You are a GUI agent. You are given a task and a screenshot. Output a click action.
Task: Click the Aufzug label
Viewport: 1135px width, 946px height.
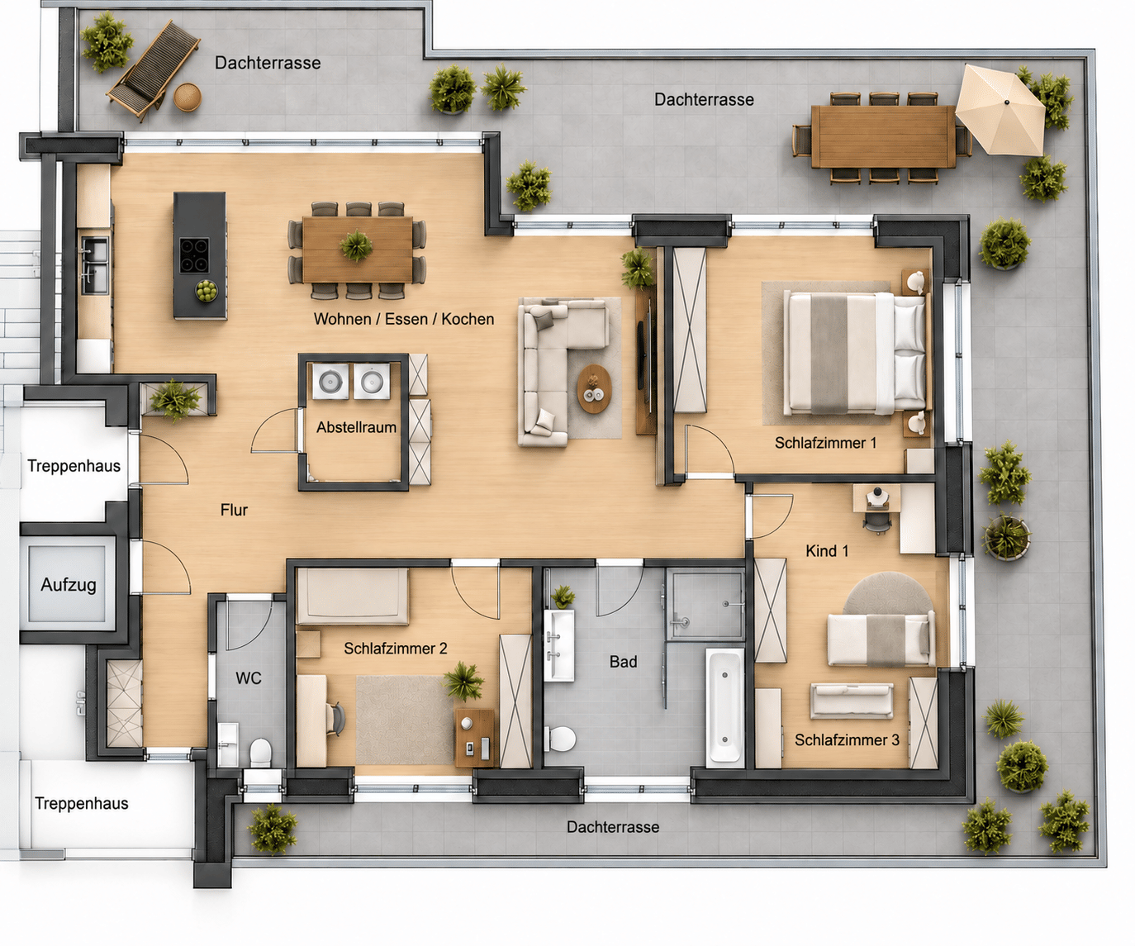coord(69,585)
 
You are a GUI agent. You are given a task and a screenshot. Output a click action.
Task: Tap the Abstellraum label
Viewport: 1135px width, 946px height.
coord(356,427)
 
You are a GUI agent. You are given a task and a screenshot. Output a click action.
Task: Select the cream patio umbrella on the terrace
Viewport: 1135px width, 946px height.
coord(1000,111)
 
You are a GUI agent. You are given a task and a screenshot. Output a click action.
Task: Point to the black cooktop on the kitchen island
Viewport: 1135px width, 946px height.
coord(194,255)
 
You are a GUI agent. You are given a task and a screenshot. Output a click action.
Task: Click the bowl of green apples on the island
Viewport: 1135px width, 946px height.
coord(206,290)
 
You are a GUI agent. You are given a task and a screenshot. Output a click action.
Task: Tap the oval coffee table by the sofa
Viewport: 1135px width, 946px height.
coord(594,389)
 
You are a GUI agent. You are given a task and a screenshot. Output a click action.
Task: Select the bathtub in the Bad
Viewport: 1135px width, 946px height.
coord(724,707)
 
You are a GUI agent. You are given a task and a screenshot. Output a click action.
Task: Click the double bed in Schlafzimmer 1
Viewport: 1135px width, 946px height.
coord(854,353)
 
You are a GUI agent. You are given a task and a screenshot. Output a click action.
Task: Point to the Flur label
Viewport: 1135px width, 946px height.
coord(235,510)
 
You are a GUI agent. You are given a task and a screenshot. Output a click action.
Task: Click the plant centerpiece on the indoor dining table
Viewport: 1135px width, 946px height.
coord(356,245)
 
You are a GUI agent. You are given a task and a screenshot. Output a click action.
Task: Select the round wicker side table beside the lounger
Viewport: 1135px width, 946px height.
coord(188,97)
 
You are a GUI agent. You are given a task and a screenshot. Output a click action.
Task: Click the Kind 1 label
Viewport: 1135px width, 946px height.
coord(827,551)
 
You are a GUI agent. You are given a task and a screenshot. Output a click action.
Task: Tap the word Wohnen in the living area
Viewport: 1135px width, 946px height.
coord(341,319)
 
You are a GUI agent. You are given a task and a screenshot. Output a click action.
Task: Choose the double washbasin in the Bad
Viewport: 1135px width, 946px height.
coord(559,645)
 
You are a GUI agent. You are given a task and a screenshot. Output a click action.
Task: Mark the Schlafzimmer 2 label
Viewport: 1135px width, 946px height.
coord(395,649)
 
